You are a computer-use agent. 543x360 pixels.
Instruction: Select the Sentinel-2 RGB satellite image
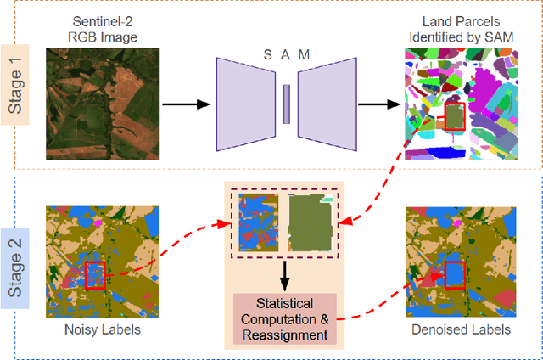(x=92, y=104)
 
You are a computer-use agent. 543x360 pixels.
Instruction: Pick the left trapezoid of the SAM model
(x=248, y=104)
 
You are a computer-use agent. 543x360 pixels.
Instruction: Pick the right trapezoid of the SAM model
(x=325, y=104)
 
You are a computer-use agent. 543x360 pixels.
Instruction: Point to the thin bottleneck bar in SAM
(x=287, y=104)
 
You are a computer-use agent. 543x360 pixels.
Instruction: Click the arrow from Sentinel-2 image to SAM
(x=185, y=104)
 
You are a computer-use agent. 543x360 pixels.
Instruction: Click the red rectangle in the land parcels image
(x=456, y=117)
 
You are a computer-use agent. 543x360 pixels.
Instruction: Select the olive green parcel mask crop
(x=311, y=225)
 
